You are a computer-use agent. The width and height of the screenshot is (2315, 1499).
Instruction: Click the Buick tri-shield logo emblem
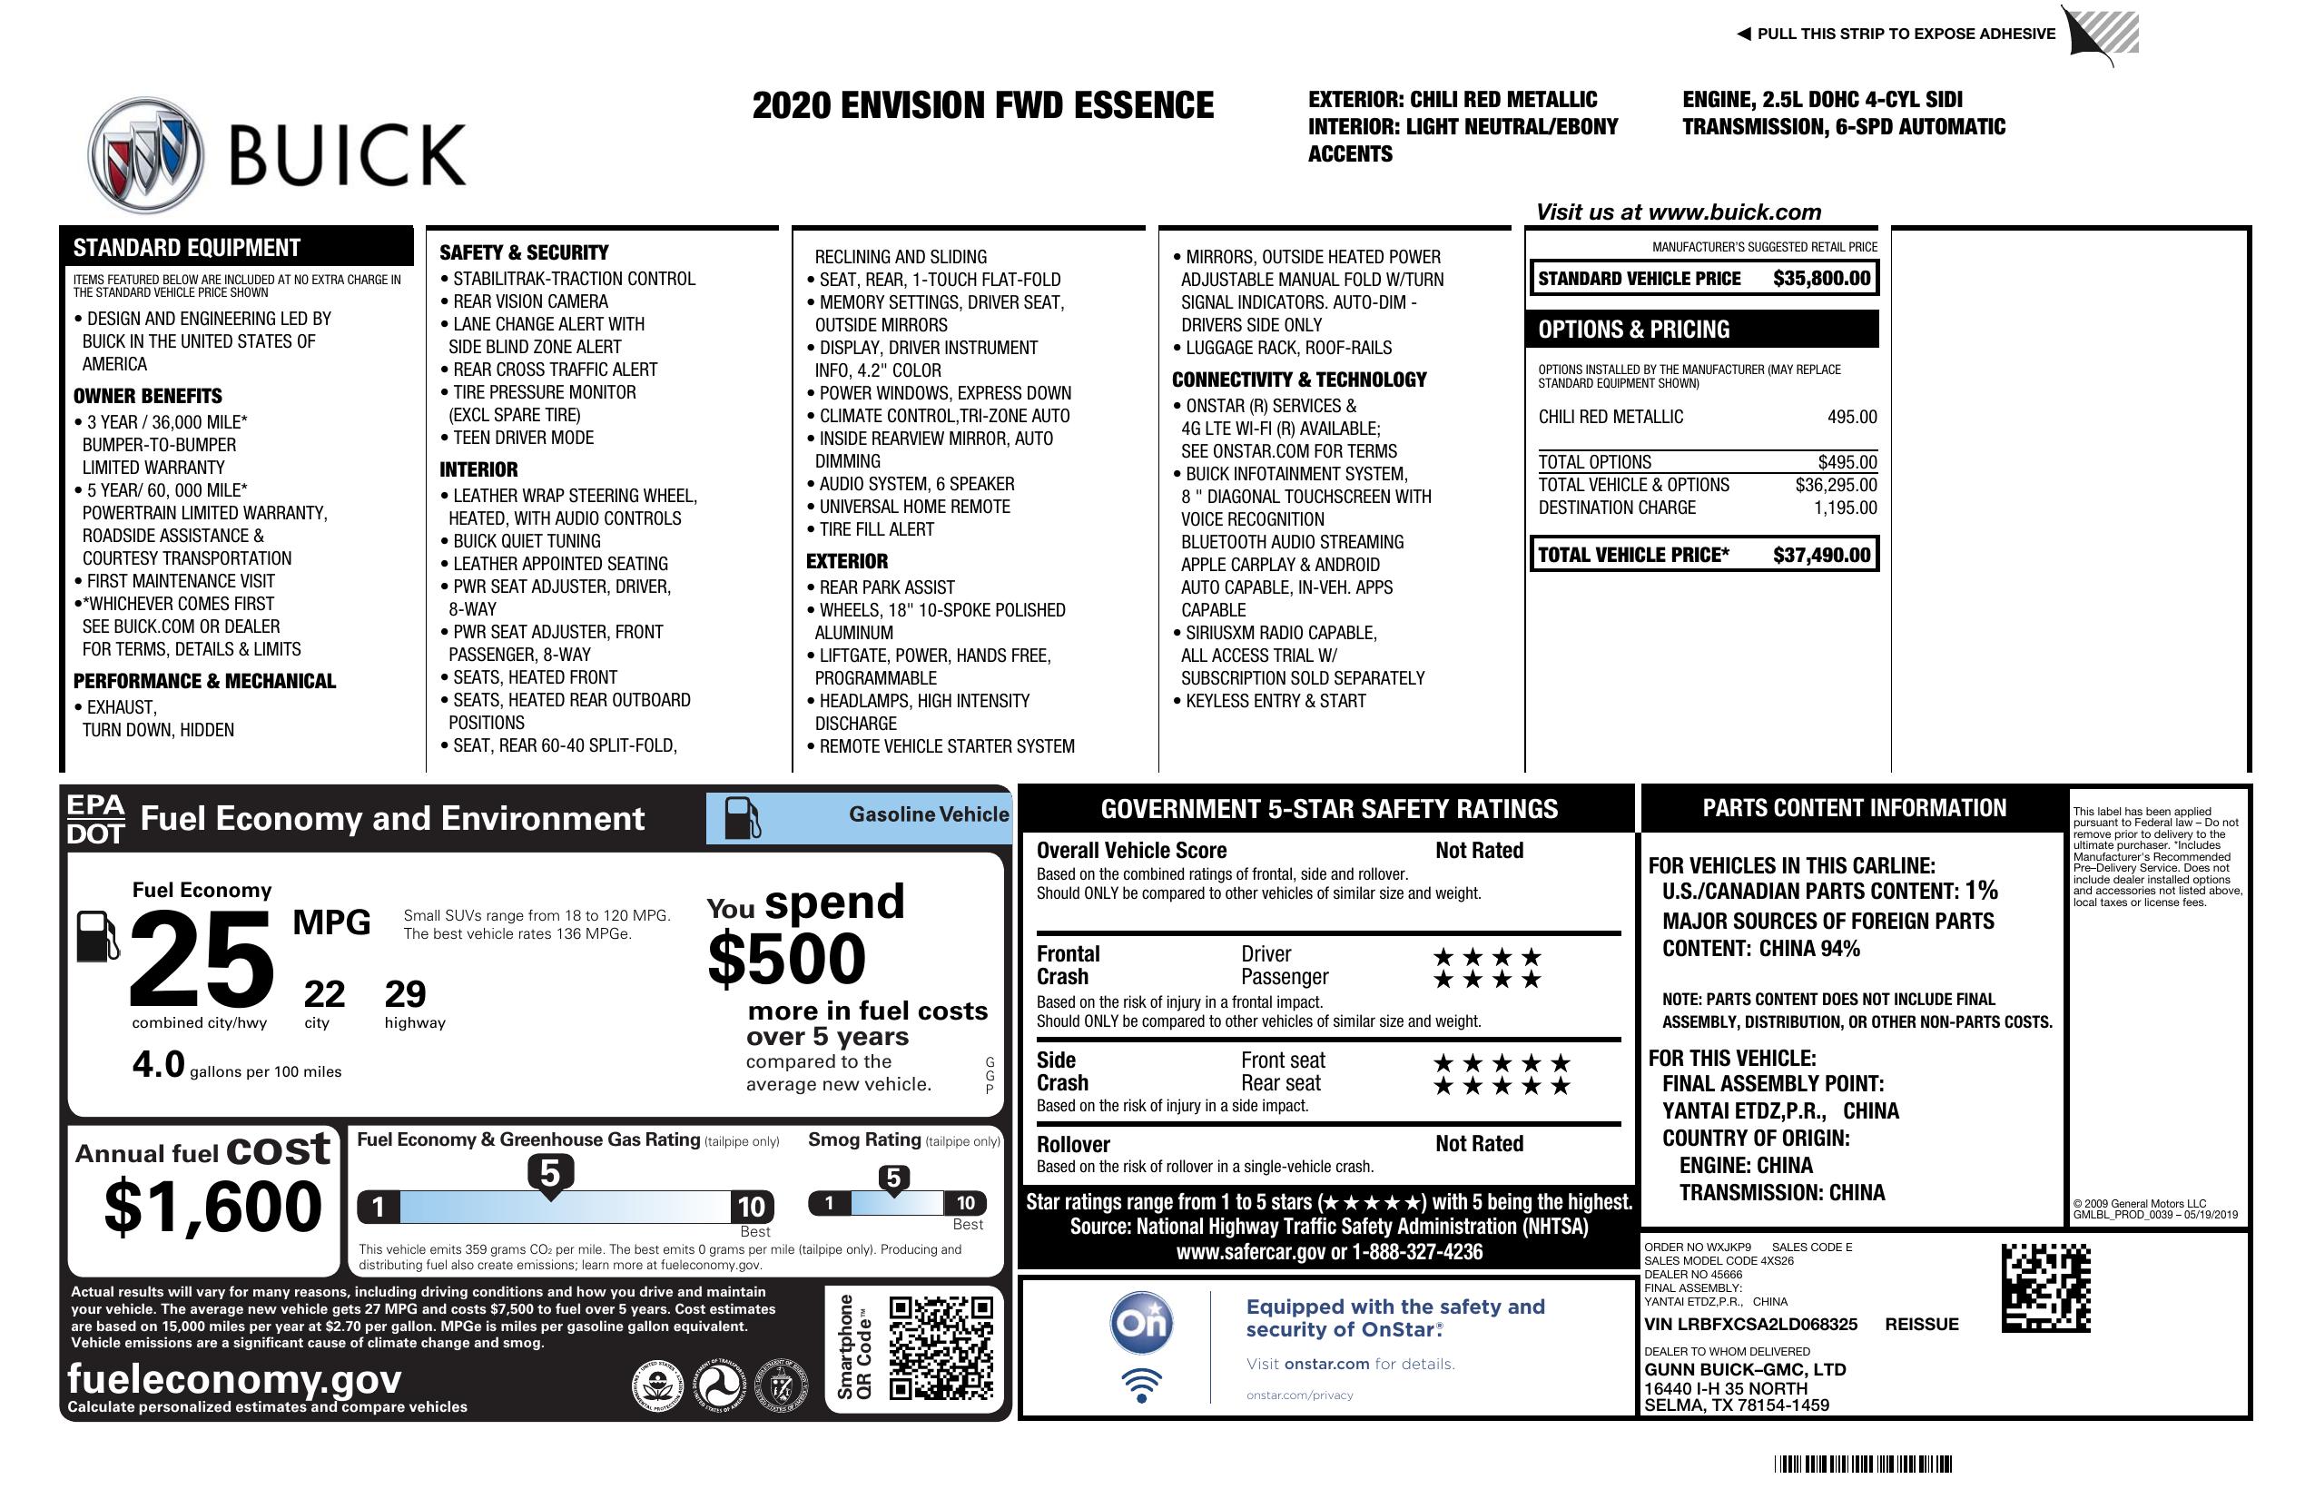point(146,154)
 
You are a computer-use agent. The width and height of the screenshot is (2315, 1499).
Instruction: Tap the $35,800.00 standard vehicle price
point(1821,278)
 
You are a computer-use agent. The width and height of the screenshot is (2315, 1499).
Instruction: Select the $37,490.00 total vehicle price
point(1821,555)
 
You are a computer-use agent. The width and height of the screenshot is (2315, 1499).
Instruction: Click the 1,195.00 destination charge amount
point(1845,508)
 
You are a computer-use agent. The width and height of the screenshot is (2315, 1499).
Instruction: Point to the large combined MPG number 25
point(202,958)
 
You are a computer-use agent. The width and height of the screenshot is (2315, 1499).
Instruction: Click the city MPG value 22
point(324,994)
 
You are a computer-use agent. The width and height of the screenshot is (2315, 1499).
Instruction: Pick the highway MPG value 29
point(406,994)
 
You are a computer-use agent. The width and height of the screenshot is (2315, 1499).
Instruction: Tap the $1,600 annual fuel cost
point(213,1208)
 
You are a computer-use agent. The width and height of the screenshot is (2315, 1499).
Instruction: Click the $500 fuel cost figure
point(787,959)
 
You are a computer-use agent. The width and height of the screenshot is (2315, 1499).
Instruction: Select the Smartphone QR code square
point(941,1346)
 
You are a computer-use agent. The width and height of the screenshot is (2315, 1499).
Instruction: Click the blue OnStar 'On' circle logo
point(1142,1322)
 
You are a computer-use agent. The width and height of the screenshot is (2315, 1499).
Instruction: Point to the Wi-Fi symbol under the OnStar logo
point(1142,1385)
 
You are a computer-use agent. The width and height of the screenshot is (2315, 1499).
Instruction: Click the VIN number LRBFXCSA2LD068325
point(1750,1324)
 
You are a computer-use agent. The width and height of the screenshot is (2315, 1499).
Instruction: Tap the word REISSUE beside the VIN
point(1922,1324)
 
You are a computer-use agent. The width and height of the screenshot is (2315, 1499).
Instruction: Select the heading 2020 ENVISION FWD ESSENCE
point(982,105)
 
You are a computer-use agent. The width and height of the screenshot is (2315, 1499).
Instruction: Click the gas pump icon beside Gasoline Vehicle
point(743,817)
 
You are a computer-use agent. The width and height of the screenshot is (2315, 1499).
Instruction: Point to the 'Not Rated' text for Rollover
point(1479,1144)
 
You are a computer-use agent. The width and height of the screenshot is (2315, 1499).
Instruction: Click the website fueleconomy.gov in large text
point(234,1379)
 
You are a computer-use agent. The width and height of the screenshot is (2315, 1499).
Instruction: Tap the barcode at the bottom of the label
point(1863,1464)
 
